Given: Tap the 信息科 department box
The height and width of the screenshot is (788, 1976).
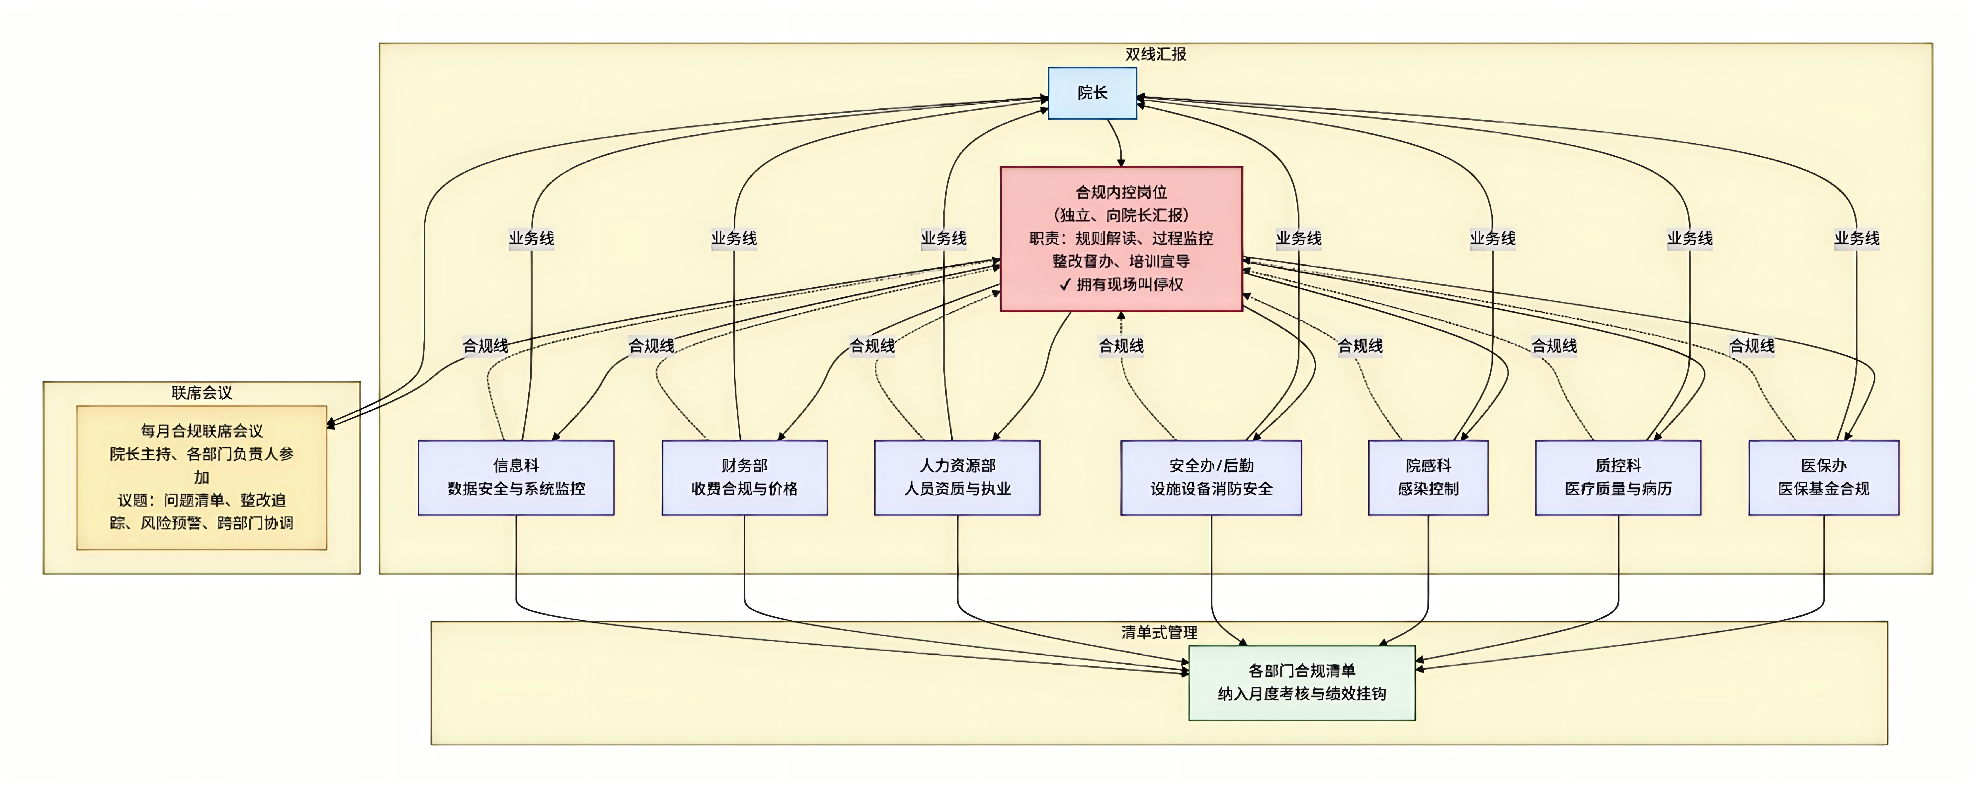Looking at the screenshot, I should (516, 477).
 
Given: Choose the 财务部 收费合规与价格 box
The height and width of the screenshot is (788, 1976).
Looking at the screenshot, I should (744, 477).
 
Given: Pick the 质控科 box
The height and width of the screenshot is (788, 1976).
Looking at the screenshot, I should (1618, 477).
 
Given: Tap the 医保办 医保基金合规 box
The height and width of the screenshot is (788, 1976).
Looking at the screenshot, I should (1823, 477).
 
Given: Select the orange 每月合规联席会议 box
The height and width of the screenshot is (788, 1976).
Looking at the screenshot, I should (202, 477).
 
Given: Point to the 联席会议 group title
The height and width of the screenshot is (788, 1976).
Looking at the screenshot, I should (202, 392).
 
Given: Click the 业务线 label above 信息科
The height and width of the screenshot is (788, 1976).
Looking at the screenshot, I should (531, 238).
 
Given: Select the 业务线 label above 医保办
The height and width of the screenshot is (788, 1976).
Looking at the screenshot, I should (1856, 238).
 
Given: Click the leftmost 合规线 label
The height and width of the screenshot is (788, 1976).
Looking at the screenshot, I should (485, 346).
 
